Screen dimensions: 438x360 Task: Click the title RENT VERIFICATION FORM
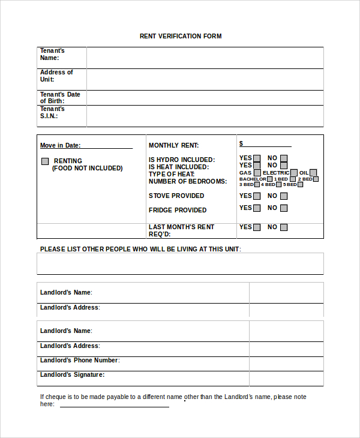click(181, 37)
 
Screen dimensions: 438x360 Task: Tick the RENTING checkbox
click(45, 161)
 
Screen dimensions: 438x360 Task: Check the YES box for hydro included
click(257, 159)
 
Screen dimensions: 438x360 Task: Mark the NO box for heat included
click(284, 166)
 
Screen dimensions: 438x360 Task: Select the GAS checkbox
click(257, 173)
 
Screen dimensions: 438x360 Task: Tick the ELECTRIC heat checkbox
click(294, 173)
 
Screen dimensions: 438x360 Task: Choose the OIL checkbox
click(313, 173)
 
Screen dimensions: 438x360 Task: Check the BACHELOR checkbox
click(270, 179)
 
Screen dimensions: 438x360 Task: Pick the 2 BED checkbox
click(316, 179)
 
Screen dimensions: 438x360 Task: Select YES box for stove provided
click(257, 196)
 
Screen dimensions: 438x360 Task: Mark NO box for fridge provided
click(284, 208)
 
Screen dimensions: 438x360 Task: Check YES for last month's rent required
click(257, 227)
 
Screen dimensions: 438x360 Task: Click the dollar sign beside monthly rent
click(241, 144)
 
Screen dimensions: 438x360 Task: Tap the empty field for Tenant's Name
click(205, 58)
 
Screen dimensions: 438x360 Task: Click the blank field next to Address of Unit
click(205, 79)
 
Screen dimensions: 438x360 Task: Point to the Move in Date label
click(60, 145)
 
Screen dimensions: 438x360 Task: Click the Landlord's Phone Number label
click(80, 360)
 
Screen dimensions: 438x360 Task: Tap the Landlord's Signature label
click(72, 374)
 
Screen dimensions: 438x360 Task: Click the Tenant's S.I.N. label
click(52, 113)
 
